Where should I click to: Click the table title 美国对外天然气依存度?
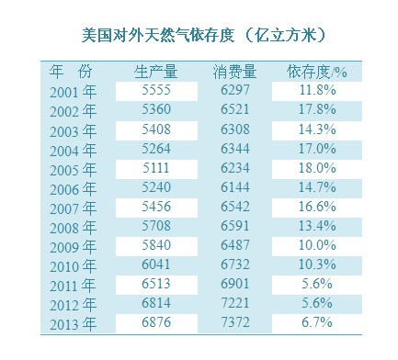click(x=158, y=35)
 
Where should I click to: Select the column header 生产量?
click(x=156, y=72)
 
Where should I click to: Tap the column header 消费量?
click(x=235, y=72)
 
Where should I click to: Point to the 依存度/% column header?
click(x=317, y=72)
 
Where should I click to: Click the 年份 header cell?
click(x=71, y=72)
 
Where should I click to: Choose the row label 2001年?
click(x=74, y=92)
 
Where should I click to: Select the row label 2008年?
click(x=74, y=228)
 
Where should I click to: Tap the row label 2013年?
click(x=74, y=324)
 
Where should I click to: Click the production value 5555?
click(x=156, y=90)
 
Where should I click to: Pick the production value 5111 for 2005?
click(x=156, y=168)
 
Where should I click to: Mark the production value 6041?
click(x=156, y=264)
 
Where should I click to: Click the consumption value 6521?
click(x=235, y=109)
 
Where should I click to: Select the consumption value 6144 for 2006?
click(x=235, y=187)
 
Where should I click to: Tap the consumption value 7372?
click(x=235, y=322)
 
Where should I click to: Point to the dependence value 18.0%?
click(x=317, y=168)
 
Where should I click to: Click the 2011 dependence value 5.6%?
click(x=317, y=284)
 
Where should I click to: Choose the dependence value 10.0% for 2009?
click(x=317, y=245)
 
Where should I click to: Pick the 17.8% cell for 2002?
click(x=317, y=109)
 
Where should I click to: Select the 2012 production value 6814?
click(x=156, y=303)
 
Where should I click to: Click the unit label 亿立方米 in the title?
click(x=285, y=35)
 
